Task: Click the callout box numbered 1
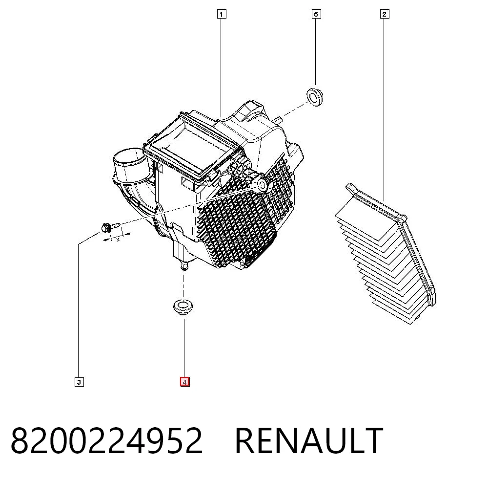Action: pyautogui.click(x=221, y=14)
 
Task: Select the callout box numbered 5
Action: pyautogui.click(x=316, y=14)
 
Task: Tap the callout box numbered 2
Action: pyautogui.click(x=385, y=14)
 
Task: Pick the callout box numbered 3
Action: pyautogui.click(x=79, y=382)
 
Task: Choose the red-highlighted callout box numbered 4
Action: pyautogui.click(x=184, y=382)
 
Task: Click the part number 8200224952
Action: pyautogui.click(x=107, y=441)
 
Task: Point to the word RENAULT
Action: pyautogui.click(x=309, y=441)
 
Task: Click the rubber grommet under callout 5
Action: pyautogui.click(x=315, y=97)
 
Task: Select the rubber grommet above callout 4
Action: pyautogui.click(x=183, y=307)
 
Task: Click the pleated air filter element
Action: pyautogui.click(x=386, y=253)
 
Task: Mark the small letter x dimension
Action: pyautogui.click(x=118, y=240)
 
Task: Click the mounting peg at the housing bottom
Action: pyautogui.click(x=184, y=265)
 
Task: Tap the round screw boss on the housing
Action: pyautogui.click(x=262, y=185)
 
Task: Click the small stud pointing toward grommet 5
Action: pyautogui.click(x=279, y=119)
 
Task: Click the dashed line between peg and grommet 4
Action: pyautogui.click(x=183, y=284)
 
